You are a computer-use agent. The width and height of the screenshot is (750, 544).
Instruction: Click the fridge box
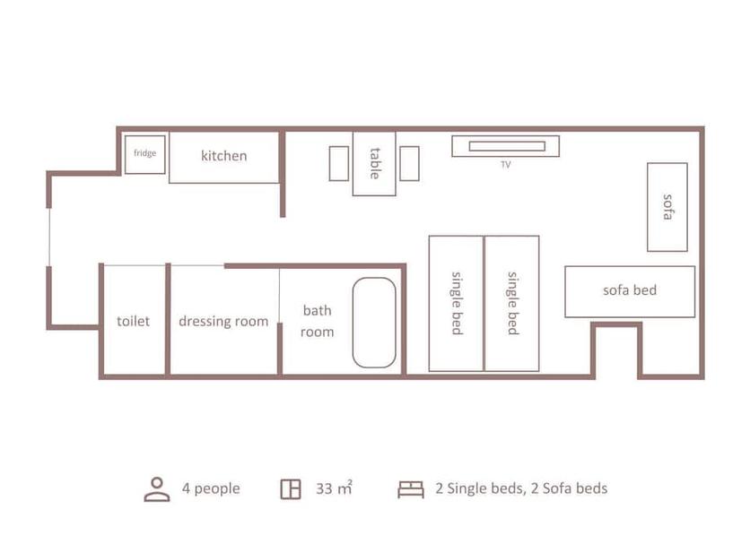click(x=144, y=153)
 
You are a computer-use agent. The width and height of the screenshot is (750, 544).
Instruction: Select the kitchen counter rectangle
click(x=224, y=157)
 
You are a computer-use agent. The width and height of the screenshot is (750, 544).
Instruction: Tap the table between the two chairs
click(x=374, y=163)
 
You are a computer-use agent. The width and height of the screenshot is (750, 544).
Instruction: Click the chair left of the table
click(x=338, y=163)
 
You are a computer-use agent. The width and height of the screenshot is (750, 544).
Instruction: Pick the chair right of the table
click(x=409, y=163)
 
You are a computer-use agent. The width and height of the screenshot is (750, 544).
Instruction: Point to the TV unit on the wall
click(x=505, y=146)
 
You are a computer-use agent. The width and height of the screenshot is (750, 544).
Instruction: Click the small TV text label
click(x=506, y=165)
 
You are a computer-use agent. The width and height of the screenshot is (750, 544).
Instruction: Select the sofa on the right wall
click(x=667, y=207)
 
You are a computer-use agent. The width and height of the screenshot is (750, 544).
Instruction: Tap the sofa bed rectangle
click(x=630, y=291)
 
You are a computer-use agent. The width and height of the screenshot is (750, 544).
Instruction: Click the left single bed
click(x=457, y=303)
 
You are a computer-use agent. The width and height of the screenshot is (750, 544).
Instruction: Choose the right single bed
click(x=512, y=303)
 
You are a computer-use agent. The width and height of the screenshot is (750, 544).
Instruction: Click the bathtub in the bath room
click(x=374, y=323)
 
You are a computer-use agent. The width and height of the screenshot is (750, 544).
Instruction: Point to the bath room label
click(x=317, y=321)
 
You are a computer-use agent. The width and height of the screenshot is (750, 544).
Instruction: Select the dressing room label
click(x=223, y=321)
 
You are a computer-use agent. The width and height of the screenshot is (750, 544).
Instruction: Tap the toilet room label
click(x=133, y=321)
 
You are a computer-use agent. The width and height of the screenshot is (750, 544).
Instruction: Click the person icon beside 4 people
click(x=157, y=488)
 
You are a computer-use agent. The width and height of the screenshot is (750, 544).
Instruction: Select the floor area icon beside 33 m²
click(x=290, y=488)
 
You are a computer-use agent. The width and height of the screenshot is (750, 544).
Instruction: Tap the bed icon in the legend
click(x=411, y=488)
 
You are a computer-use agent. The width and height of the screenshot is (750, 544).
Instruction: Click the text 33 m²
click(x=334, y=488)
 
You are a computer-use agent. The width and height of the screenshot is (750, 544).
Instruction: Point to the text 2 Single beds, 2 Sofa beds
click(x=521, y=488)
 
